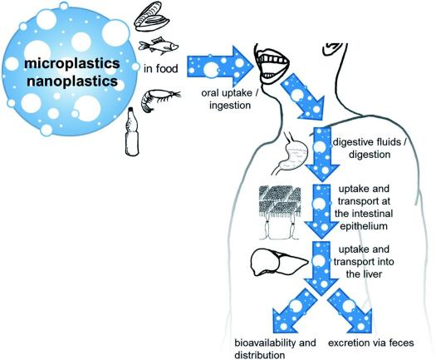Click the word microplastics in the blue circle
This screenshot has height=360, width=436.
point(72,63)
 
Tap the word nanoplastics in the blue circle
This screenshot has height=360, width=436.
point(72,81)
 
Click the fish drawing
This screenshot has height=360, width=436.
point(159,46)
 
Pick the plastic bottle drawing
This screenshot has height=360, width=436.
point(132,131)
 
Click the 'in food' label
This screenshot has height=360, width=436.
point(161,68)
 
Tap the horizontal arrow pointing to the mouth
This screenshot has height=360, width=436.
point(220,67)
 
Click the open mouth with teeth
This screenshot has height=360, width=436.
point(271,66)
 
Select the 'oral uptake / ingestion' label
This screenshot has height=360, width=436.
point(230,99)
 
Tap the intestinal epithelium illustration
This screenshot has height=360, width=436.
point(280,213)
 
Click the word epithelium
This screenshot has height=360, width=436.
point(364,226)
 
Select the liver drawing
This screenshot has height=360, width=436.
point(279,262)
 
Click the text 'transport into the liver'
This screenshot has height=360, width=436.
point(364,268)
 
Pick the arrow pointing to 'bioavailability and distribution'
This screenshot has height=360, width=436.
point(295,311)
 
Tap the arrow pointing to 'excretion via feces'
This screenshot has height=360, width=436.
point(350,311)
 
